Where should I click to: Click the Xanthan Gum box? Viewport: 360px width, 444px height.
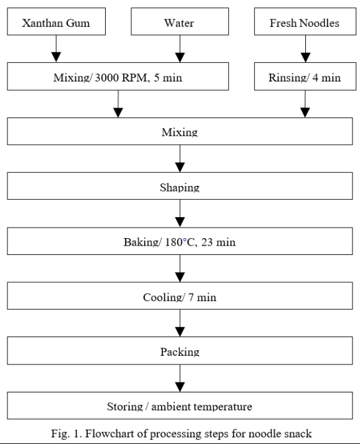[55, 23]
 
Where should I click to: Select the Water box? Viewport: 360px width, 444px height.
[180, 23]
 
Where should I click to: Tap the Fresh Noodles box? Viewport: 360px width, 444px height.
[305, 23]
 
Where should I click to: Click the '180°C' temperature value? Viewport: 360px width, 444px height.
[179, 242]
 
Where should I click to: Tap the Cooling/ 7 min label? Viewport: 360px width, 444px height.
[180, 297]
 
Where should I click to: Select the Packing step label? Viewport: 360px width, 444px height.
[180, 351]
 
